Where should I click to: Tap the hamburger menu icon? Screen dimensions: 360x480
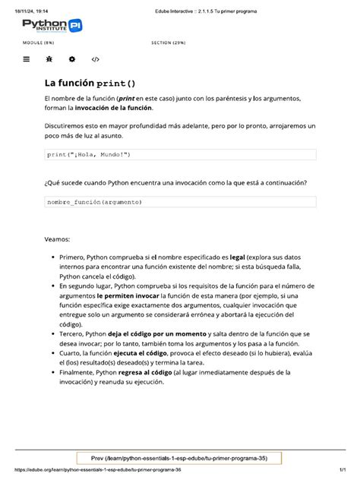27,58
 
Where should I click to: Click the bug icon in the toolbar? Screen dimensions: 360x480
49,58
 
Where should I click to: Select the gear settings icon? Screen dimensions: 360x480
71,58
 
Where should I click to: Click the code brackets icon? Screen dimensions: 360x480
96,58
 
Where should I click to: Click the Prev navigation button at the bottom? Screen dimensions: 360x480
179,458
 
